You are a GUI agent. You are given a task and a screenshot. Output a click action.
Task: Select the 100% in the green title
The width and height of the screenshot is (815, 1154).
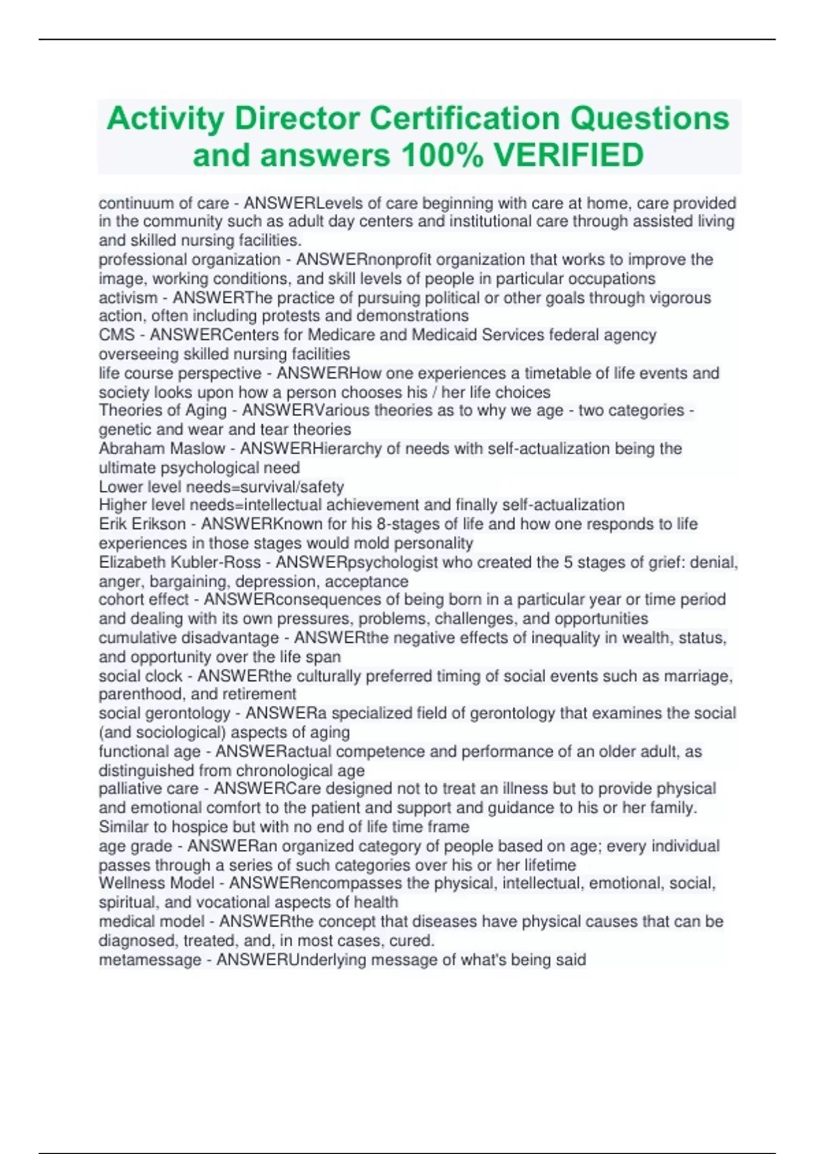click(x=442, y=155)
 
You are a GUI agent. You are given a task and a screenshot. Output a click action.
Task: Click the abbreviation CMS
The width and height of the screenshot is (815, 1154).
click(x=117, y=335)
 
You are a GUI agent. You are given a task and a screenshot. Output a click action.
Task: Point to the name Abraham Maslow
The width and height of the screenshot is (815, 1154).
click(x=162, y=449)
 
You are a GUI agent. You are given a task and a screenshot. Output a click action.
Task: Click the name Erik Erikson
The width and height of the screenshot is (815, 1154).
click(x=142, y=524)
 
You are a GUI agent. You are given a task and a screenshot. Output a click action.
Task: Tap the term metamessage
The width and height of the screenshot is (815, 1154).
click(x=150, y=960)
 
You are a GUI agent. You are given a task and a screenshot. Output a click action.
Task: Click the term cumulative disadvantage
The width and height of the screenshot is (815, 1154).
click(x=189, y=638)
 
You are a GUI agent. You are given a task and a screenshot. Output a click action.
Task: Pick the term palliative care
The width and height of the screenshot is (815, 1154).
click(x=149, y=789)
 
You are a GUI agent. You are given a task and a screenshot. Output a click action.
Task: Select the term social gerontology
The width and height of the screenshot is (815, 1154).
click(x=165, y=713)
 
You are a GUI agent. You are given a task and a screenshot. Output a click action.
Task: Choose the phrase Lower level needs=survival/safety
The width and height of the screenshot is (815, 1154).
click(x=221, y=487)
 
